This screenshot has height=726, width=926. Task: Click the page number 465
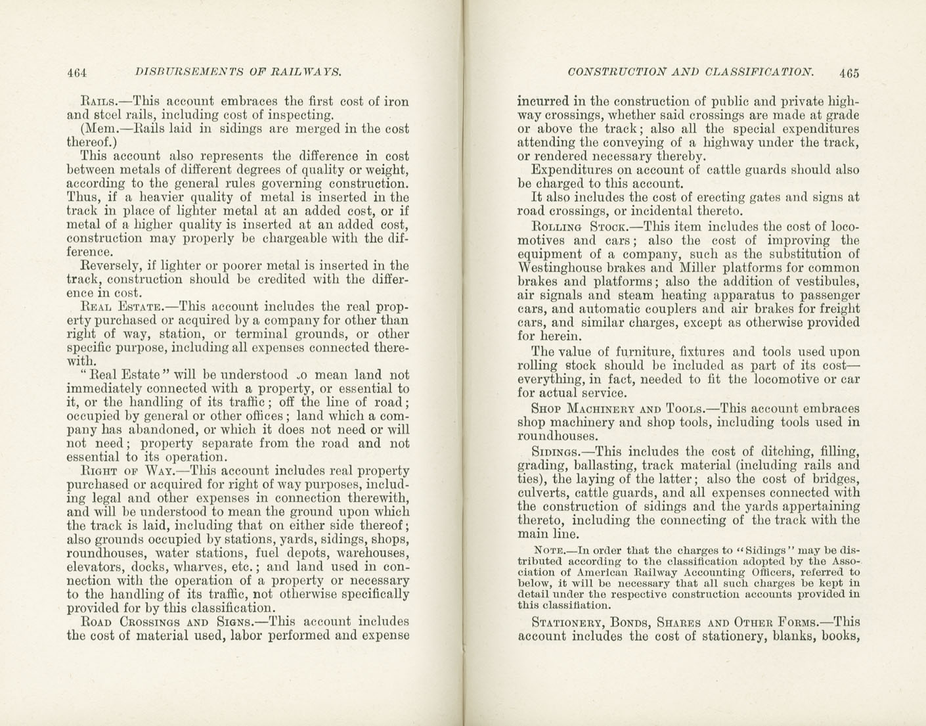(848, 73)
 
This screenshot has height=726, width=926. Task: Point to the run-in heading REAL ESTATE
(121, 307)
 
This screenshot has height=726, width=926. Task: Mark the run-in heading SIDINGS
(556, 452)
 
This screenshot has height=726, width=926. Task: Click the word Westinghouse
(559, 268)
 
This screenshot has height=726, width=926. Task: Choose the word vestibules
(827, 282)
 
